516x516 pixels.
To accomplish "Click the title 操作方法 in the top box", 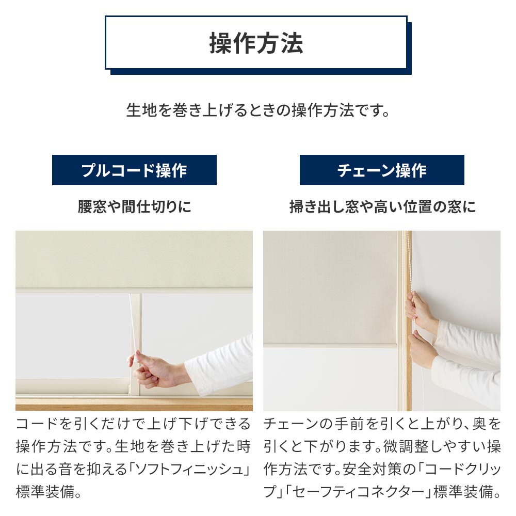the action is [256, 43].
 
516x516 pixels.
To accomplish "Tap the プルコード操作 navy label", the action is [134, 170].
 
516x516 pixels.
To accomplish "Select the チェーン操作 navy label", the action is [382, 170].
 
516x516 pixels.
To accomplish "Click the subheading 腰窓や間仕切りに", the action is [134, 207].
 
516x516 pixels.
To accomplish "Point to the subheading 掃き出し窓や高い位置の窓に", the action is [382, 207].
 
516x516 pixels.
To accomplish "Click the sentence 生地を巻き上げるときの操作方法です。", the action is [258, 110].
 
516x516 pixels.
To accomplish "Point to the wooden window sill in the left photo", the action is [134, 405].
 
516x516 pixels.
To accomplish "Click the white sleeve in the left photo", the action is [219, 365].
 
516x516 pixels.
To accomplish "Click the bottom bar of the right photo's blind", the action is [330, 346].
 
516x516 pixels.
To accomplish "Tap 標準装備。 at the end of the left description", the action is [49, 492].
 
